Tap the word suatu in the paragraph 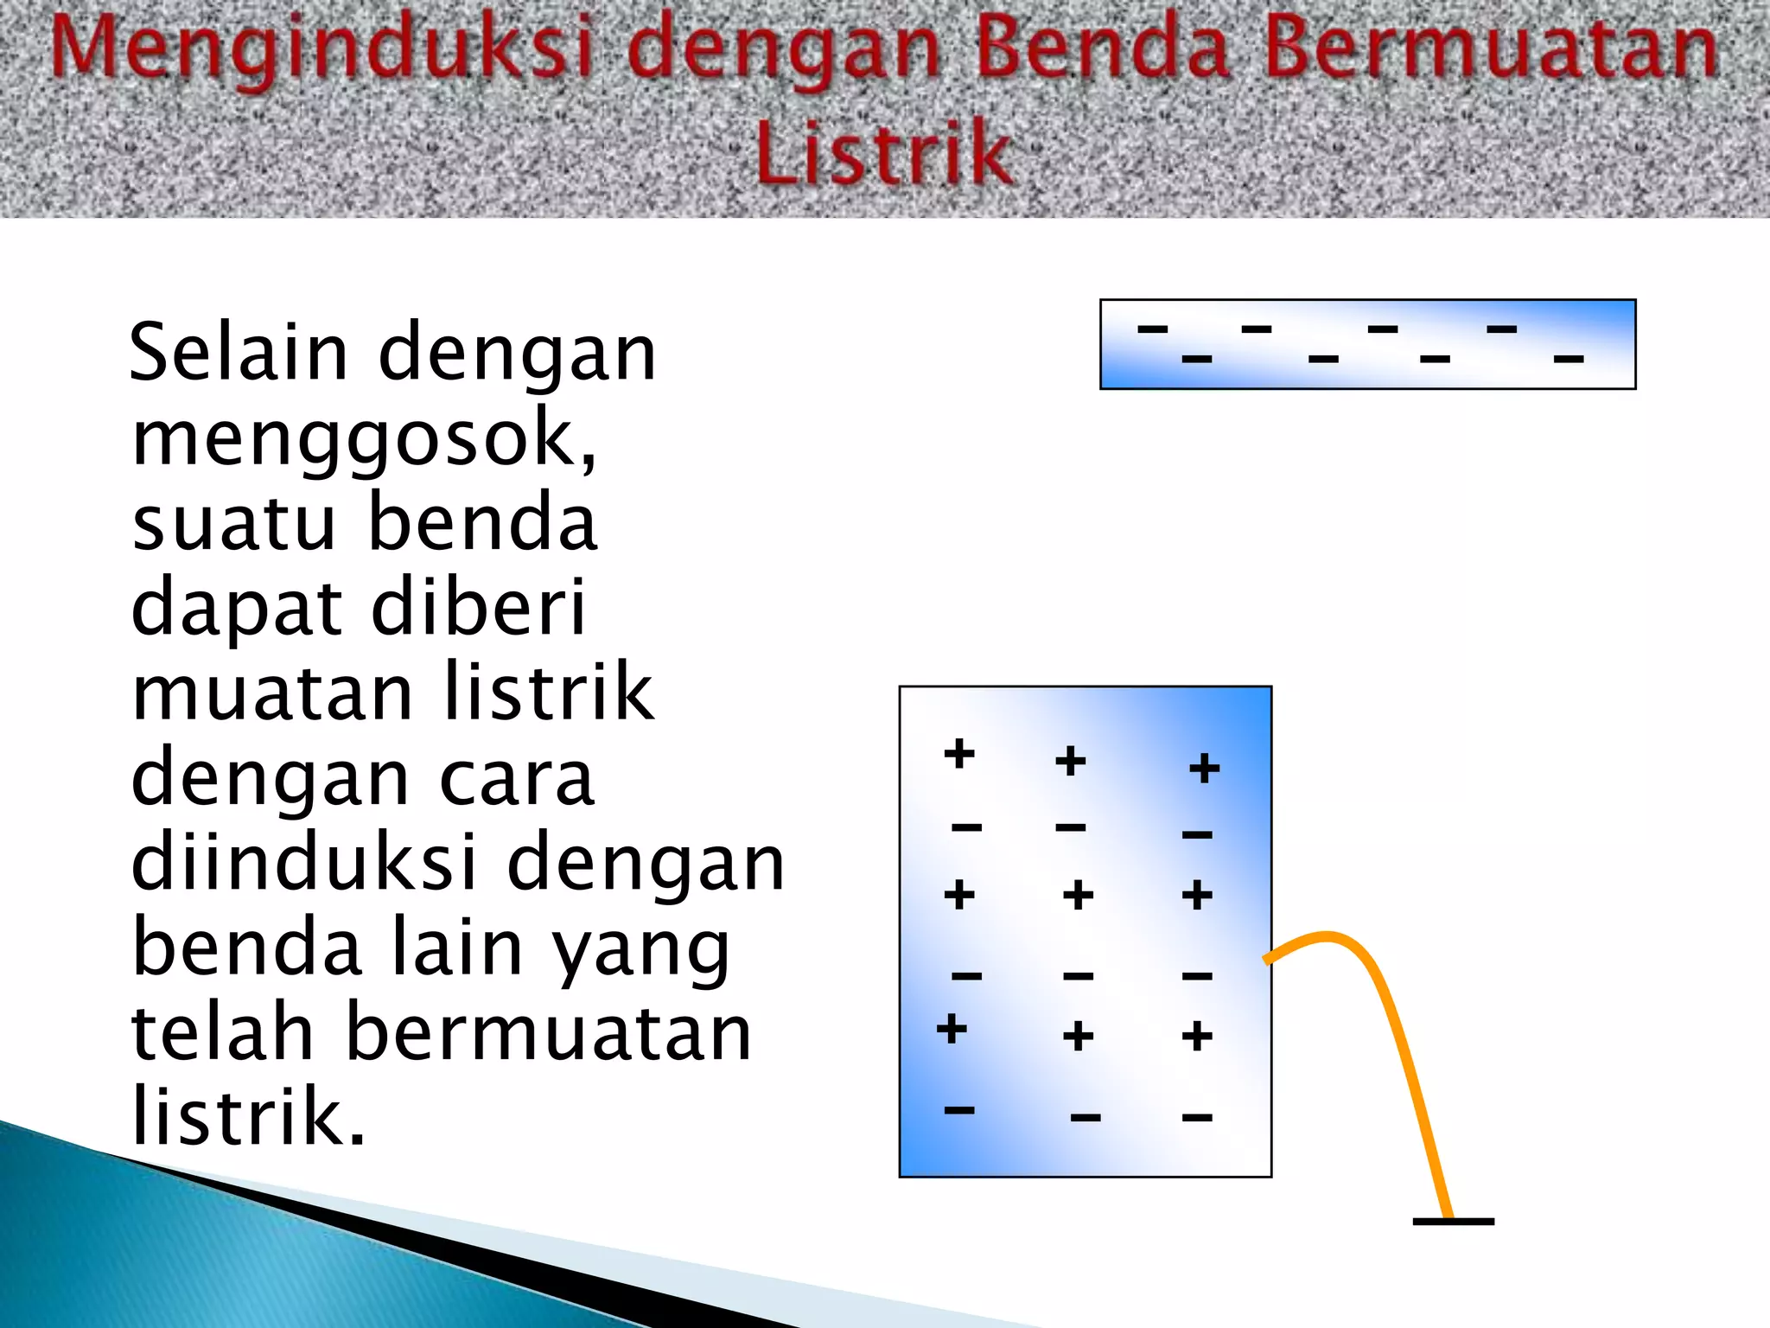tap(233, 522)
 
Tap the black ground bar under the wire tap(1453, 1222)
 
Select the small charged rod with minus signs tap(1367, 344)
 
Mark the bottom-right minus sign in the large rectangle tap(1197, 1118)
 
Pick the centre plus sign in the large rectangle tap(1078, 895)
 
